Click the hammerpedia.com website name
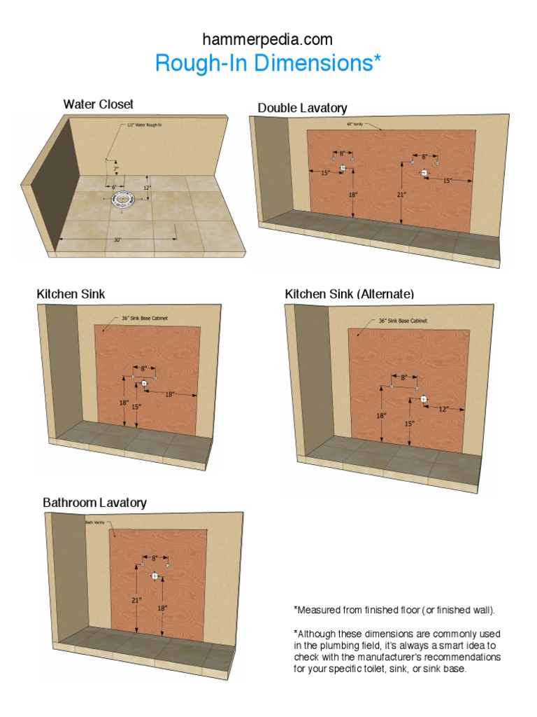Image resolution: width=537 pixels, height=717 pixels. click(268, 39)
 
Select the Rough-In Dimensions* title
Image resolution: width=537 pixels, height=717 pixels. click(268, 63)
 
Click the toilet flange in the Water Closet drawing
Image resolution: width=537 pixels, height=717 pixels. click(125, 197)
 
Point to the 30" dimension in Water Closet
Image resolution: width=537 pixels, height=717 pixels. click(117, 239)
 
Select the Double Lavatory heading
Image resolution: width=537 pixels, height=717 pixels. click(302, 108)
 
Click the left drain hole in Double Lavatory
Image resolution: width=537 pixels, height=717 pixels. click(343, 169)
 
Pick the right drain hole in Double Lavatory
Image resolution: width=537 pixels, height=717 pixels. click(424, 172)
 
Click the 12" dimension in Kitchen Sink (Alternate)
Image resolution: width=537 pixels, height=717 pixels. click(443, 408)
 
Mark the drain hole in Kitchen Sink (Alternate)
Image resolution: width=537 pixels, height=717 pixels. click(424, 398)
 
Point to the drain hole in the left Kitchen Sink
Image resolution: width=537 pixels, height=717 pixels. click(144, 384)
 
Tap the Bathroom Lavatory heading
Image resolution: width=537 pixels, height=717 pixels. click(94, 503)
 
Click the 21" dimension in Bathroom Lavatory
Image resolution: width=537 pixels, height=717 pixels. click(136, 600)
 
